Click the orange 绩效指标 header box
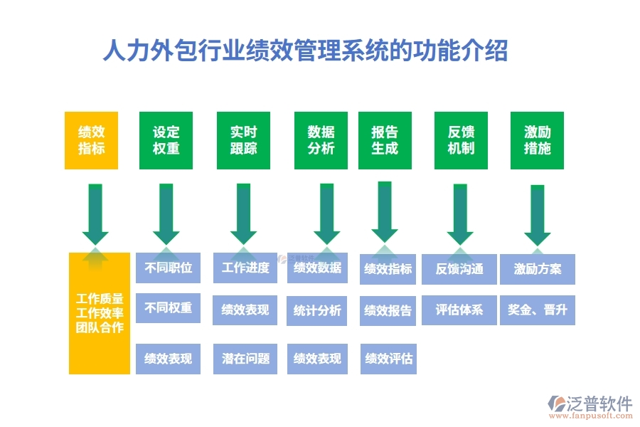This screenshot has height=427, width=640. pos(91,140)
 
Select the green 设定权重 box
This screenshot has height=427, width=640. pos(166,140)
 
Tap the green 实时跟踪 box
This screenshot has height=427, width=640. pos(243,140)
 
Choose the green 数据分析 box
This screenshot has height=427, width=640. pos(321,140)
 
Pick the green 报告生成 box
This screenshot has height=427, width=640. pos(385,140)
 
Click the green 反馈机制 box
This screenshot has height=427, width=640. pos(461,140)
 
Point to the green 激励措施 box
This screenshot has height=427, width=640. pos(537,140)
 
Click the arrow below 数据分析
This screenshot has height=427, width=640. pos(326,213)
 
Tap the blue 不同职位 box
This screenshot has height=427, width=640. pos(168,268)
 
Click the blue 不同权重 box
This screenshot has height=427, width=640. pos(168,308)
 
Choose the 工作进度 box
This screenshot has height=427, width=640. pos(245,268)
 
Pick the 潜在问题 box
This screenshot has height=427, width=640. pos(245,359)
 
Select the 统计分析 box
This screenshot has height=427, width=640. pos(317,310)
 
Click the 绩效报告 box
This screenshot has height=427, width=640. pos(388,310)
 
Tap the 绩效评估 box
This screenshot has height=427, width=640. pos(388,359)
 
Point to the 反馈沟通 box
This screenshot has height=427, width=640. pos(459,269)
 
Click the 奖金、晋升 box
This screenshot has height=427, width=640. pos(537,310)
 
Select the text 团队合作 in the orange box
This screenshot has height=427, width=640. pos(100,328)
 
